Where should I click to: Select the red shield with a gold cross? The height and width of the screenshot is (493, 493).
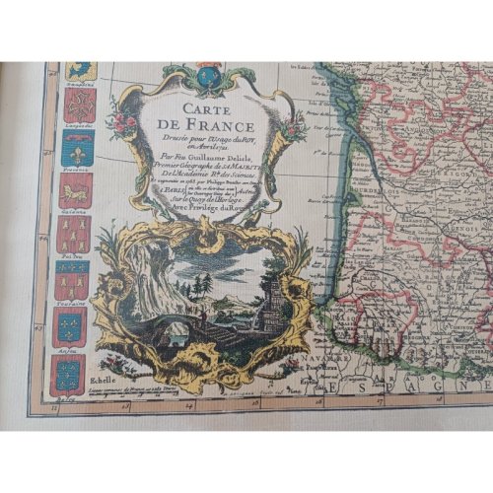point(78,106)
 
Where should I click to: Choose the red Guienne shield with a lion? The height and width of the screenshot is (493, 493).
point(75,190)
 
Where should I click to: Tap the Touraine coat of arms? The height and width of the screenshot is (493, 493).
point(72,281)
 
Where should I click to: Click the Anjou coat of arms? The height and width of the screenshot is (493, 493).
point(69,372)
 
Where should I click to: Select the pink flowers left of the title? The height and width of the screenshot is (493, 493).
point(125,123)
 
